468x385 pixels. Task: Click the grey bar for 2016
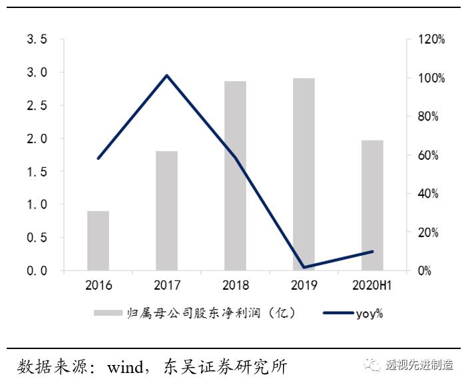pyautogui.click(x=98, y=240)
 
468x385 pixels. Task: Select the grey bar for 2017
pyautogui.click(x=166, y=210)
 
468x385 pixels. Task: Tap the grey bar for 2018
pyautogui.click(x=235, y=176)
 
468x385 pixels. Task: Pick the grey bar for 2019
pyautogui.click(x=304, y=175)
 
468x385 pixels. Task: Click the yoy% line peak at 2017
pyautogui.click(x=166, y=75)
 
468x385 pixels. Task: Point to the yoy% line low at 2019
pyautogui.click(x=304, y=267)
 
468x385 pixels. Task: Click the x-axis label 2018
pyautogui.click(x=235, y=286)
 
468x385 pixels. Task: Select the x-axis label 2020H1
pyautogui.click(x=372, y=286)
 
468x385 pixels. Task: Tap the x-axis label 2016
pyautogui.click(x=98, y=286)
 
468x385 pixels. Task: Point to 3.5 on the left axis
pyautogui.click(x=37, y=39)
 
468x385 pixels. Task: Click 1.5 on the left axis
pyautogui.click(x=37, y=172)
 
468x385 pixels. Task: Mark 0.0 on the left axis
pyautogui.click(x=37, y=271)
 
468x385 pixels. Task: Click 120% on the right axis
pyautogui.click(x=431, y=39)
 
